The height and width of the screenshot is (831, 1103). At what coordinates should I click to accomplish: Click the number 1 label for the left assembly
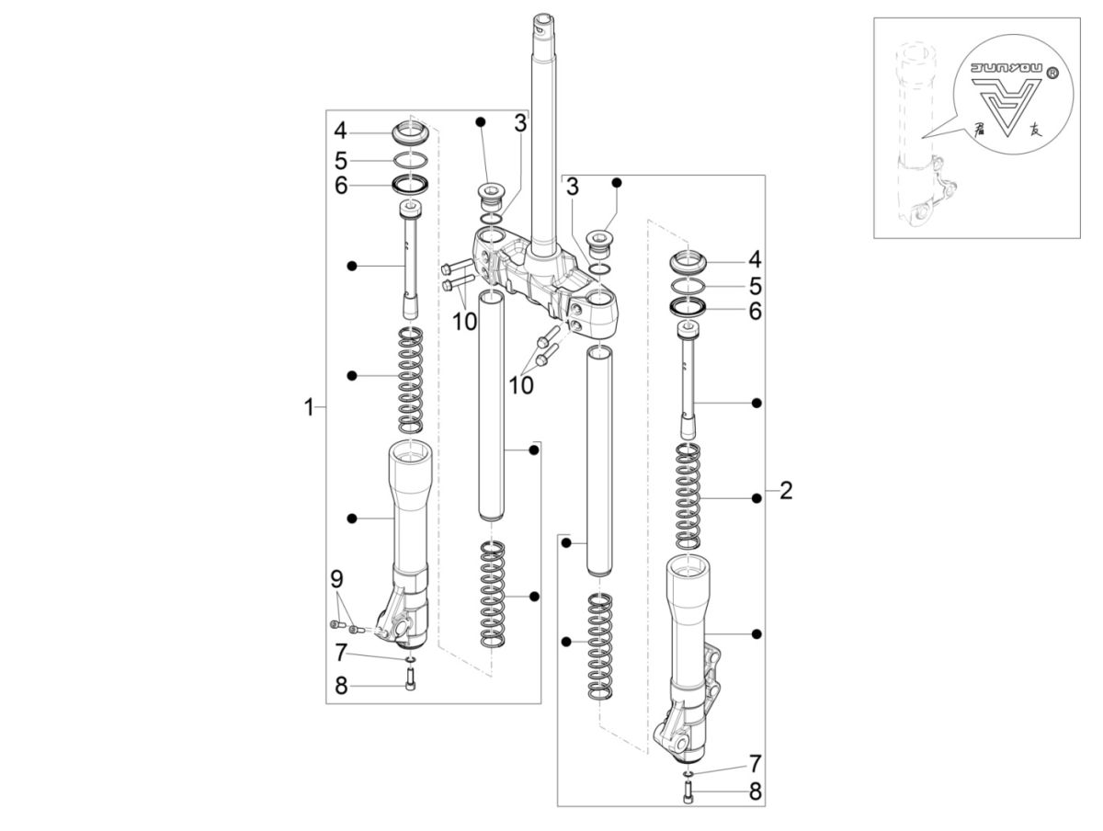coord(310,406)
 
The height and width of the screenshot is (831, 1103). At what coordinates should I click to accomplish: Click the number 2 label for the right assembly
coord(785,490)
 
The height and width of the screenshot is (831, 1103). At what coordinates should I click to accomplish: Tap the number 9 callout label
coord(336,579)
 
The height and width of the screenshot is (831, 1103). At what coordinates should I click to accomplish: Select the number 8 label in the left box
coord(340,686)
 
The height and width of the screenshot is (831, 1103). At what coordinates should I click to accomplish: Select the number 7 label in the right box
coord(754,762)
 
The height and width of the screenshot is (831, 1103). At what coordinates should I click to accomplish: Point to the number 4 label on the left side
coord(340,130)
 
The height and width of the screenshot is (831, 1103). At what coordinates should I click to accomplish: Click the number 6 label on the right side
coord(755,311)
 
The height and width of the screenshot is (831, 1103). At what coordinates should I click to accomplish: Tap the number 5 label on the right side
coord(755,285)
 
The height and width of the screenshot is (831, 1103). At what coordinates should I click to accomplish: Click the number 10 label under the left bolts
coord(465,321)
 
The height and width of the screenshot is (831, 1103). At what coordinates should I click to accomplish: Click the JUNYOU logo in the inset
coord(1006,102)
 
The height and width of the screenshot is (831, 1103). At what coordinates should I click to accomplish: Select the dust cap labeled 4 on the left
coord(411,131)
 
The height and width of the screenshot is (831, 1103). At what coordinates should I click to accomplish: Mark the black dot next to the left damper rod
coord(351,266)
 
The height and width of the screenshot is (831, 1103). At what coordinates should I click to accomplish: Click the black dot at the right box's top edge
coord(617,182)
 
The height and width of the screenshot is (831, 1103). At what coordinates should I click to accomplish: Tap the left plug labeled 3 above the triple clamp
coord(491,196)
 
